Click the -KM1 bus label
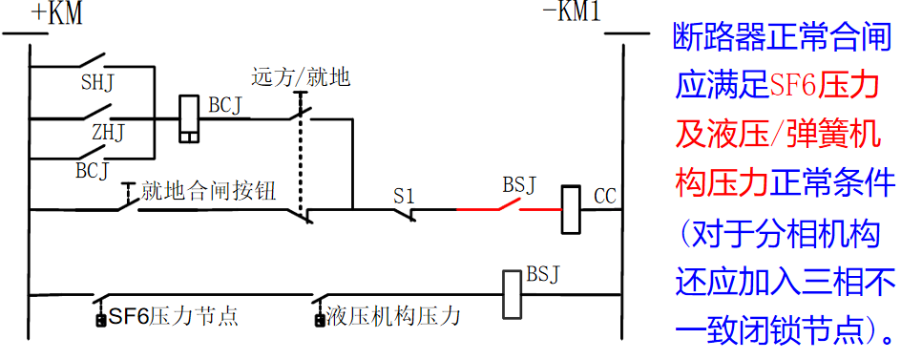point(573,13)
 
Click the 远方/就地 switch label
point(301,76)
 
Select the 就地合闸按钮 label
point(208,190)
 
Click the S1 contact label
point(405,195)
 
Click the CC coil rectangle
point(570,209)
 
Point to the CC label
point(605,197)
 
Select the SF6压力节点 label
point(173,316)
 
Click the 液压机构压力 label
point(392,316)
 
